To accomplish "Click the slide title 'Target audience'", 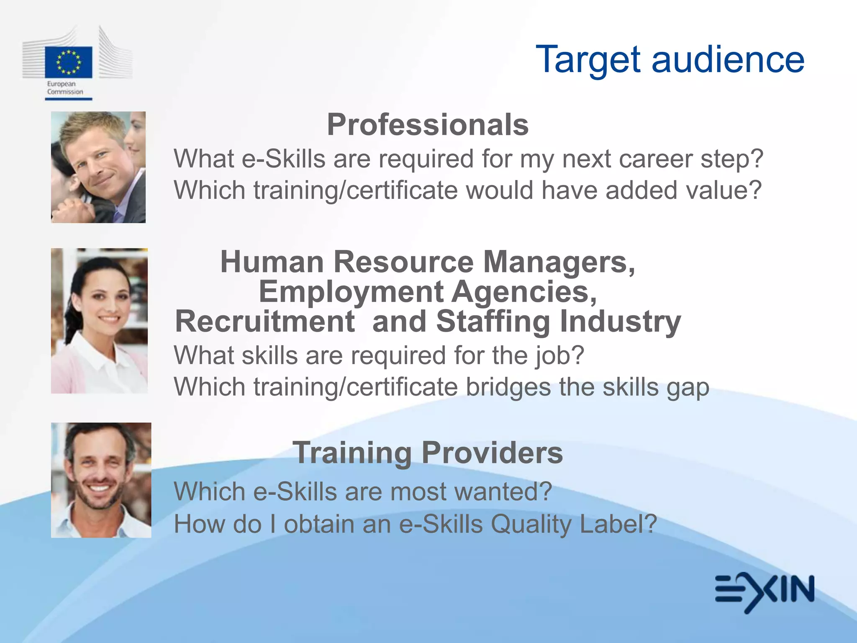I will [x=670, y=60].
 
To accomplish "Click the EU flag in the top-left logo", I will [x=69, y=62].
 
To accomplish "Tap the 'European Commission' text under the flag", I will [x=65, y=88].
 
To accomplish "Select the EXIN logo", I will [x=765, y=592].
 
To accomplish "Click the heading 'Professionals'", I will [x=428, y=125].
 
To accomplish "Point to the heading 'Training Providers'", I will [x=428, y=453].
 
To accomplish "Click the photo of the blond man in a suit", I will [x=98, y=167].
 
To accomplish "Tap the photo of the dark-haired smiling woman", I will [x=99, y=321].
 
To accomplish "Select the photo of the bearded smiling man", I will [x=101, y=480].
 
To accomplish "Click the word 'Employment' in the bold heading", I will [x=351, y=292].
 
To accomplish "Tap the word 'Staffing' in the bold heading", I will [x=493, y=322].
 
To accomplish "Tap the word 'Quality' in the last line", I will [x=531, y=525].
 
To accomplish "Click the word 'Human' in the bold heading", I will [x=272, y=262].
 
